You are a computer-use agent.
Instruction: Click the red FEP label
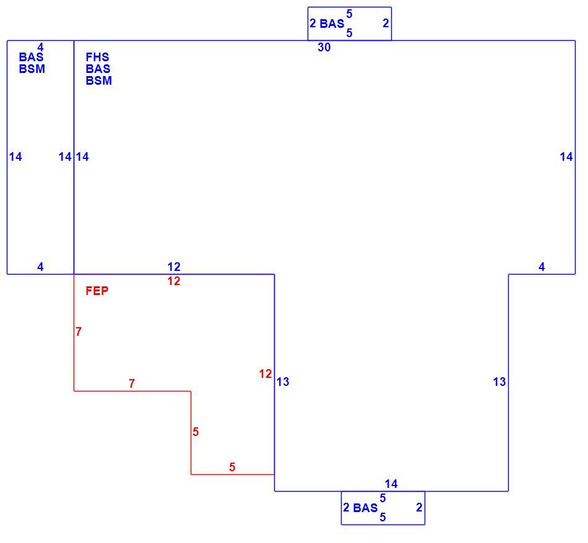[97, 291]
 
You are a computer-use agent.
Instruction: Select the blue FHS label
[98, 57]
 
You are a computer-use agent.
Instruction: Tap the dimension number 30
[324, 47]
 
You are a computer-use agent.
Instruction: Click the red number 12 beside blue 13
[265, 374]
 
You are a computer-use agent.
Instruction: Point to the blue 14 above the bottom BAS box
[391, 484]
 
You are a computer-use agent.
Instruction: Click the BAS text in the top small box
[332, 24]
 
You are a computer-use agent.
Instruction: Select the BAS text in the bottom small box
[365, 508]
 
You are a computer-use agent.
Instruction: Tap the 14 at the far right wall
[566, 156]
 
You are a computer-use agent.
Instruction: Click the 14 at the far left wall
[15, 156]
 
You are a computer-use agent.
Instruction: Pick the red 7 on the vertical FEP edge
[79, 331]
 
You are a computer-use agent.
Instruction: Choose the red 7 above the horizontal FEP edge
[132, 383]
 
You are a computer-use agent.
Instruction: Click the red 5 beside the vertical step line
[196, 432]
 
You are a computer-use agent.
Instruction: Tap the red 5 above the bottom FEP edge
[232, 467]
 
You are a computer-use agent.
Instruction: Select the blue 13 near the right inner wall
[499, 382]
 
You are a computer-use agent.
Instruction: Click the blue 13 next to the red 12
[283, 382]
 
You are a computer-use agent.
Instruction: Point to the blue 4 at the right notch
[542, 267]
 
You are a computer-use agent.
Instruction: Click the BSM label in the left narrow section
[32, 69]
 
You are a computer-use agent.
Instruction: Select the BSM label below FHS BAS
[99, 80]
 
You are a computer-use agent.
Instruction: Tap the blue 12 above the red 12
[174, 267]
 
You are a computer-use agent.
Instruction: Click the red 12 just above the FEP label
[174, 281]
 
